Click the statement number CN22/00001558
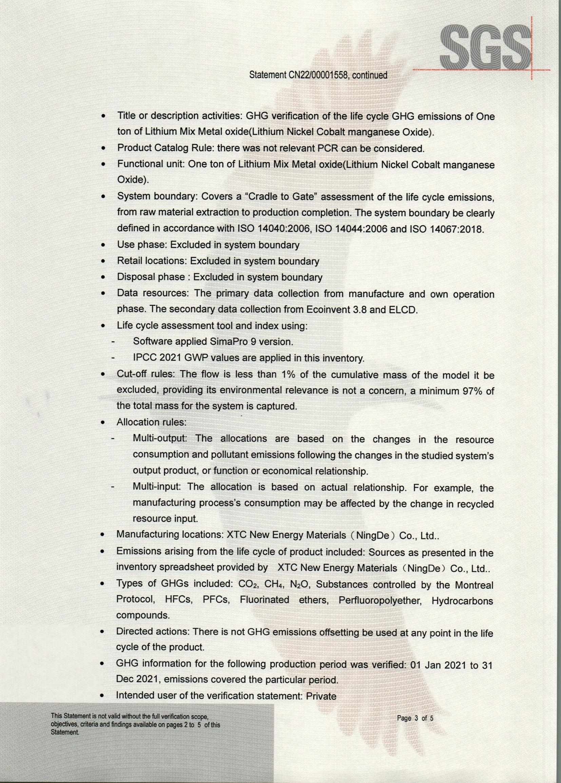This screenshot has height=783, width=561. (x=317, y=75)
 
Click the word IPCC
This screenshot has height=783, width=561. (x=145, y=358)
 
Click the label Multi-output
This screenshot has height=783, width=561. (x=160, y=438)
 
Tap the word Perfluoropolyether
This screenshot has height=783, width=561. (x=380, y=601)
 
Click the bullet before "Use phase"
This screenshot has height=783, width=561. (x=103, y=246)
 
